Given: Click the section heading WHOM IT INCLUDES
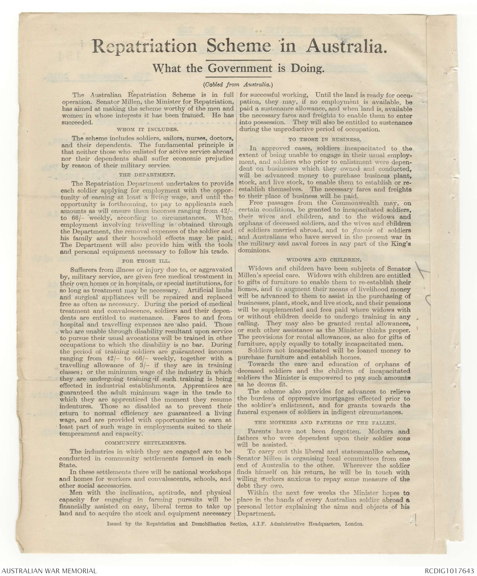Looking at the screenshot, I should point(147,129).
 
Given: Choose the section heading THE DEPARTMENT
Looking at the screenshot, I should point(147,175).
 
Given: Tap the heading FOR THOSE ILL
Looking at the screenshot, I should point(147,261).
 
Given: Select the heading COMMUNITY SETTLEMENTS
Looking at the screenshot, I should point(146,443).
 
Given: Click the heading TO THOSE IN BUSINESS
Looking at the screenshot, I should point(325,139).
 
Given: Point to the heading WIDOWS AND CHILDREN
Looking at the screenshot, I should point(324,260).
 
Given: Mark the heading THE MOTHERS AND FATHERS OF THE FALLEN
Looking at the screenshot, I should point(325,422).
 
